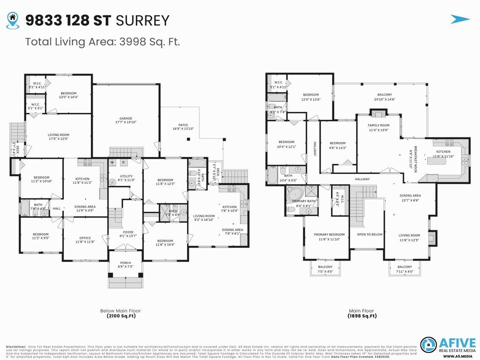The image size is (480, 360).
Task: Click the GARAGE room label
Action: [126, 119]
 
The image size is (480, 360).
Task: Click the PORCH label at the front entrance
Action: [125, 262]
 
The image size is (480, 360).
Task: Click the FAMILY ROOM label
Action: [378, 126]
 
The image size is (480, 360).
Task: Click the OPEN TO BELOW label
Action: [369, 234]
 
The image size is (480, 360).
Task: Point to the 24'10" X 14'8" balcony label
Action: [384, 97]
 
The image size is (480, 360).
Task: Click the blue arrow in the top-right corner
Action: [460, 19]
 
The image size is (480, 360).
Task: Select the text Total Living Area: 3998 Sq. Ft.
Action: [103, 42]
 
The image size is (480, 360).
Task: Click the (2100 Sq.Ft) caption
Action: [120, 316]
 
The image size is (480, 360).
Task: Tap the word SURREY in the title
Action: [142, 20]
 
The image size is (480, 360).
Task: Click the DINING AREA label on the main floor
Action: [410, 195]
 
